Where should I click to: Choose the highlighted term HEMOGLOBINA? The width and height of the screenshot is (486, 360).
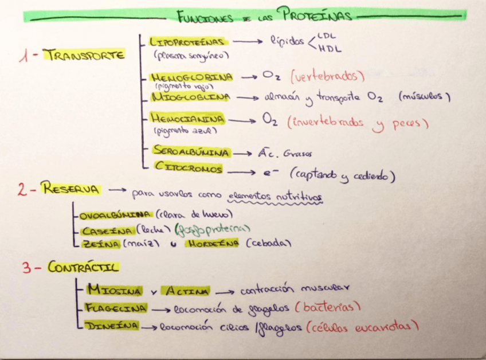pyautogui.click(x=191, y=77)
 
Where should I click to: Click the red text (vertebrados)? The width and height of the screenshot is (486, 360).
pyautogui.click(x=327, y=76)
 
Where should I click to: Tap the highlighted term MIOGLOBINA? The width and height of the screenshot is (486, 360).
pyautogui.click(x=191, y=97)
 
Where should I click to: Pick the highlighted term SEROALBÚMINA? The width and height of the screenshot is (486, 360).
pyautogui.click(x=191, y=152)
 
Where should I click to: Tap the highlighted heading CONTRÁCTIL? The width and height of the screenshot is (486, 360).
pyautogui.click(x=83, y=267)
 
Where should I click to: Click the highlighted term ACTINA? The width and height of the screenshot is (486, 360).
pyautogui.click(x=186, y=291)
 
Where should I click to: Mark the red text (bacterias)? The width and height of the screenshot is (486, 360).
pyautogui.click(x=327, y=307)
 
